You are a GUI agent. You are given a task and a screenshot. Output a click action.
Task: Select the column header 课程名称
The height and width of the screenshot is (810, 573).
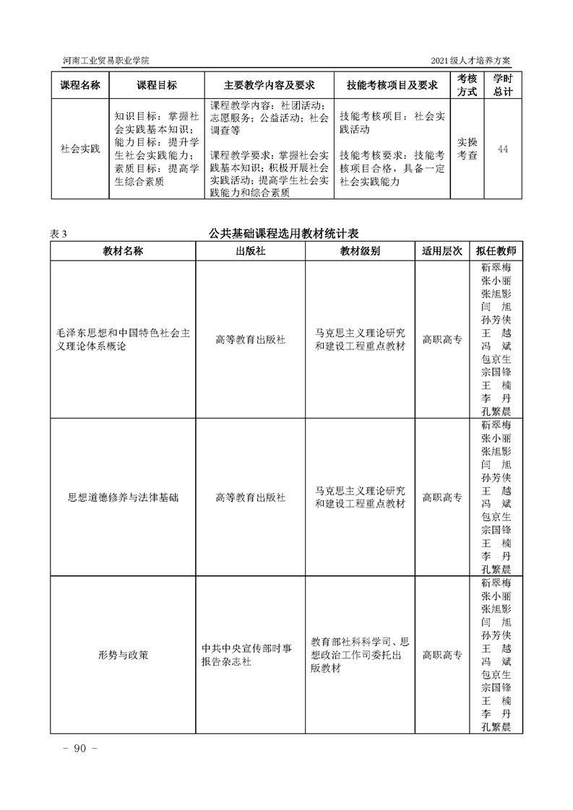tap(80, 85)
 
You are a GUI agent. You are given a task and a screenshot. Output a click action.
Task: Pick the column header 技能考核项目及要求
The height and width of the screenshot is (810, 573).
tap(392, 85)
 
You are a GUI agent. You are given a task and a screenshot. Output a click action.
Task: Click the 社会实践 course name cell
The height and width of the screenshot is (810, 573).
tap(80, 149)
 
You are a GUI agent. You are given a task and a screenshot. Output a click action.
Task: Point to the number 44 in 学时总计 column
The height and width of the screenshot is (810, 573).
tap(503, 149)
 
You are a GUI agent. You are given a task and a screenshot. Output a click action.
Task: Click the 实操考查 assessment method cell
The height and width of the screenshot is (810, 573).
tap(468, 149)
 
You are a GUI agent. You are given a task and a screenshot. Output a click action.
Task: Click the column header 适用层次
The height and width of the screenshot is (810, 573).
tap(442, 251)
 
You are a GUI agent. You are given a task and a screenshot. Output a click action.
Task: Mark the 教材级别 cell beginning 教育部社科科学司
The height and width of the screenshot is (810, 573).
tap(361, 655)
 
